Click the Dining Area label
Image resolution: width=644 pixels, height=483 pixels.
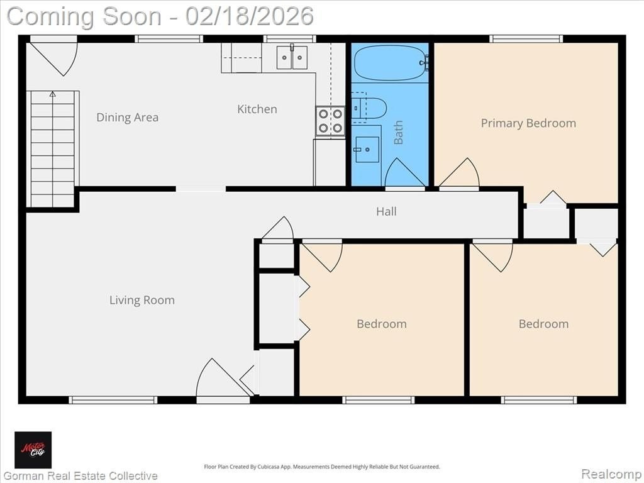pyautogui.click(x=127, y=118)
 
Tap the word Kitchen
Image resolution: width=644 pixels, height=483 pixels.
pyautogui.click(x=257, y=109)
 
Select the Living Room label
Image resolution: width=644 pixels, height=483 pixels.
pyautogui.click(x=142, y=300)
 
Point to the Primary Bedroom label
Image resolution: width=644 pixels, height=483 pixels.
pyautogui.click(x=528, y=123)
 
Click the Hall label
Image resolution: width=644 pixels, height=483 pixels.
pyautogui.click(x=387, y=211)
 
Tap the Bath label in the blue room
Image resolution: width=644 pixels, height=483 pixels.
pyautogui.click(x=398, y=132)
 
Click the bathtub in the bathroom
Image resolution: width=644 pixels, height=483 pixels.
pyautogui.click(x=389, y=63)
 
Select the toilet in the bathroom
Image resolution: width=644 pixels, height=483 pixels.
pyautogui.click(x=369, y=108)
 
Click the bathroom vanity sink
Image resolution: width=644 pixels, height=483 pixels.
pyautogui.click(x=367, y=150)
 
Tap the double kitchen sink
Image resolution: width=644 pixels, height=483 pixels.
pyautogui.click(x=292, y=57)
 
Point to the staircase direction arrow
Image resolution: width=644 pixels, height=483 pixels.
pyautogui.click(x=53, y=94)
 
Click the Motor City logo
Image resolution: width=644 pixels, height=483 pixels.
pyautogui.click(x=33, y=450)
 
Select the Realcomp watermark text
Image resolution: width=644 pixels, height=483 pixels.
pyautogui.click(x=612, y=474)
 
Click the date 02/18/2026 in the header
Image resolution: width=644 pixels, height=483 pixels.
pyautogui.click(x=249, y=16)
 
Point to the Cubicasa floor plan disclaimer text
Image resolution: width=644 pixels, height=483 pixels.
pyautogui.click(x=322, y=467)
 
